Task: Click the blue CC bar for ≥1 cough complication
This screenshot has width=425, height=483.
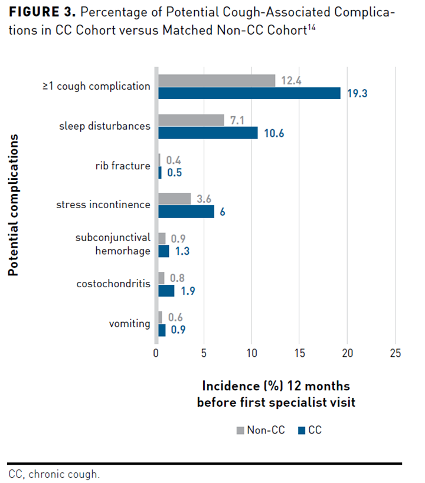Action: click(249, 93)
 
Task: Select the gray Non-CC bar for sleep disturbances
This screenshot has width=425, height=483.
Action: click(191, 120)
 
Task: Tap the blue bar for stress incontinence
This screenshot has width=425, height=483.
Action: click(186, 211)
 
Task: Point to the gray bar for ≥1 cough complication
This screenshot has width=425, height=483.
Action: click(217, 80)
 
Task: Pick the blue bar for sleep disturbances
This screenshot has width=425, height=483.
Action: click(208, 133)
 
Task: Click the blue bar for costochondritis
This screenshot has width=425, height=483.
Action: click(166, 291)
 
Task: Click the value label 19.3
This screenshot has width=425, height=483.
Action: click(357, 93)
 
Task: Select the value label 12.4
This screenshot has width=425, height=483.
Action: click(292, 81)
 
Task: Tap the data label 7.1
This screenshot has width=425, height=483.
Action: click(236, 120)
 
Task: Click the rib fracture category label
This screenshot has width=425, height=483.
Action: click(123, 166)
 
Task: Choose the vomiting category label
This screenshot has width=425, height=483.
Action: click(129, 323)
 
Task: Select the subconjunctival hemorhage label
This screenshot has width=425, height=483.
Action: click(113, 244)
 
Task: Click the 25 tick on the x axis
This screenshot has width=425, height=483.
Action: click(395, 353)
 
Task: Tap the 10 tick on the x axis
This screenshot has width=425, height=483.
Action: click(251, 353)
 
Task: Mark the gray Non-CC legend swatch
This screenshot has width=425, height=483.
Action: click(240, 431)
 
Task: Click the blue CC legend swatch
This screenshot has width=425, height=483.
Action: click(301, 431)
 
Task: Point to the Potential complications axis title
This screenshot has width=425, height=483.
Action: click(12, 205)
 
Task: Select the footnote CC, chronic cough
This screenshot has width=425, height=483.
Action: click(54, 474)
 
